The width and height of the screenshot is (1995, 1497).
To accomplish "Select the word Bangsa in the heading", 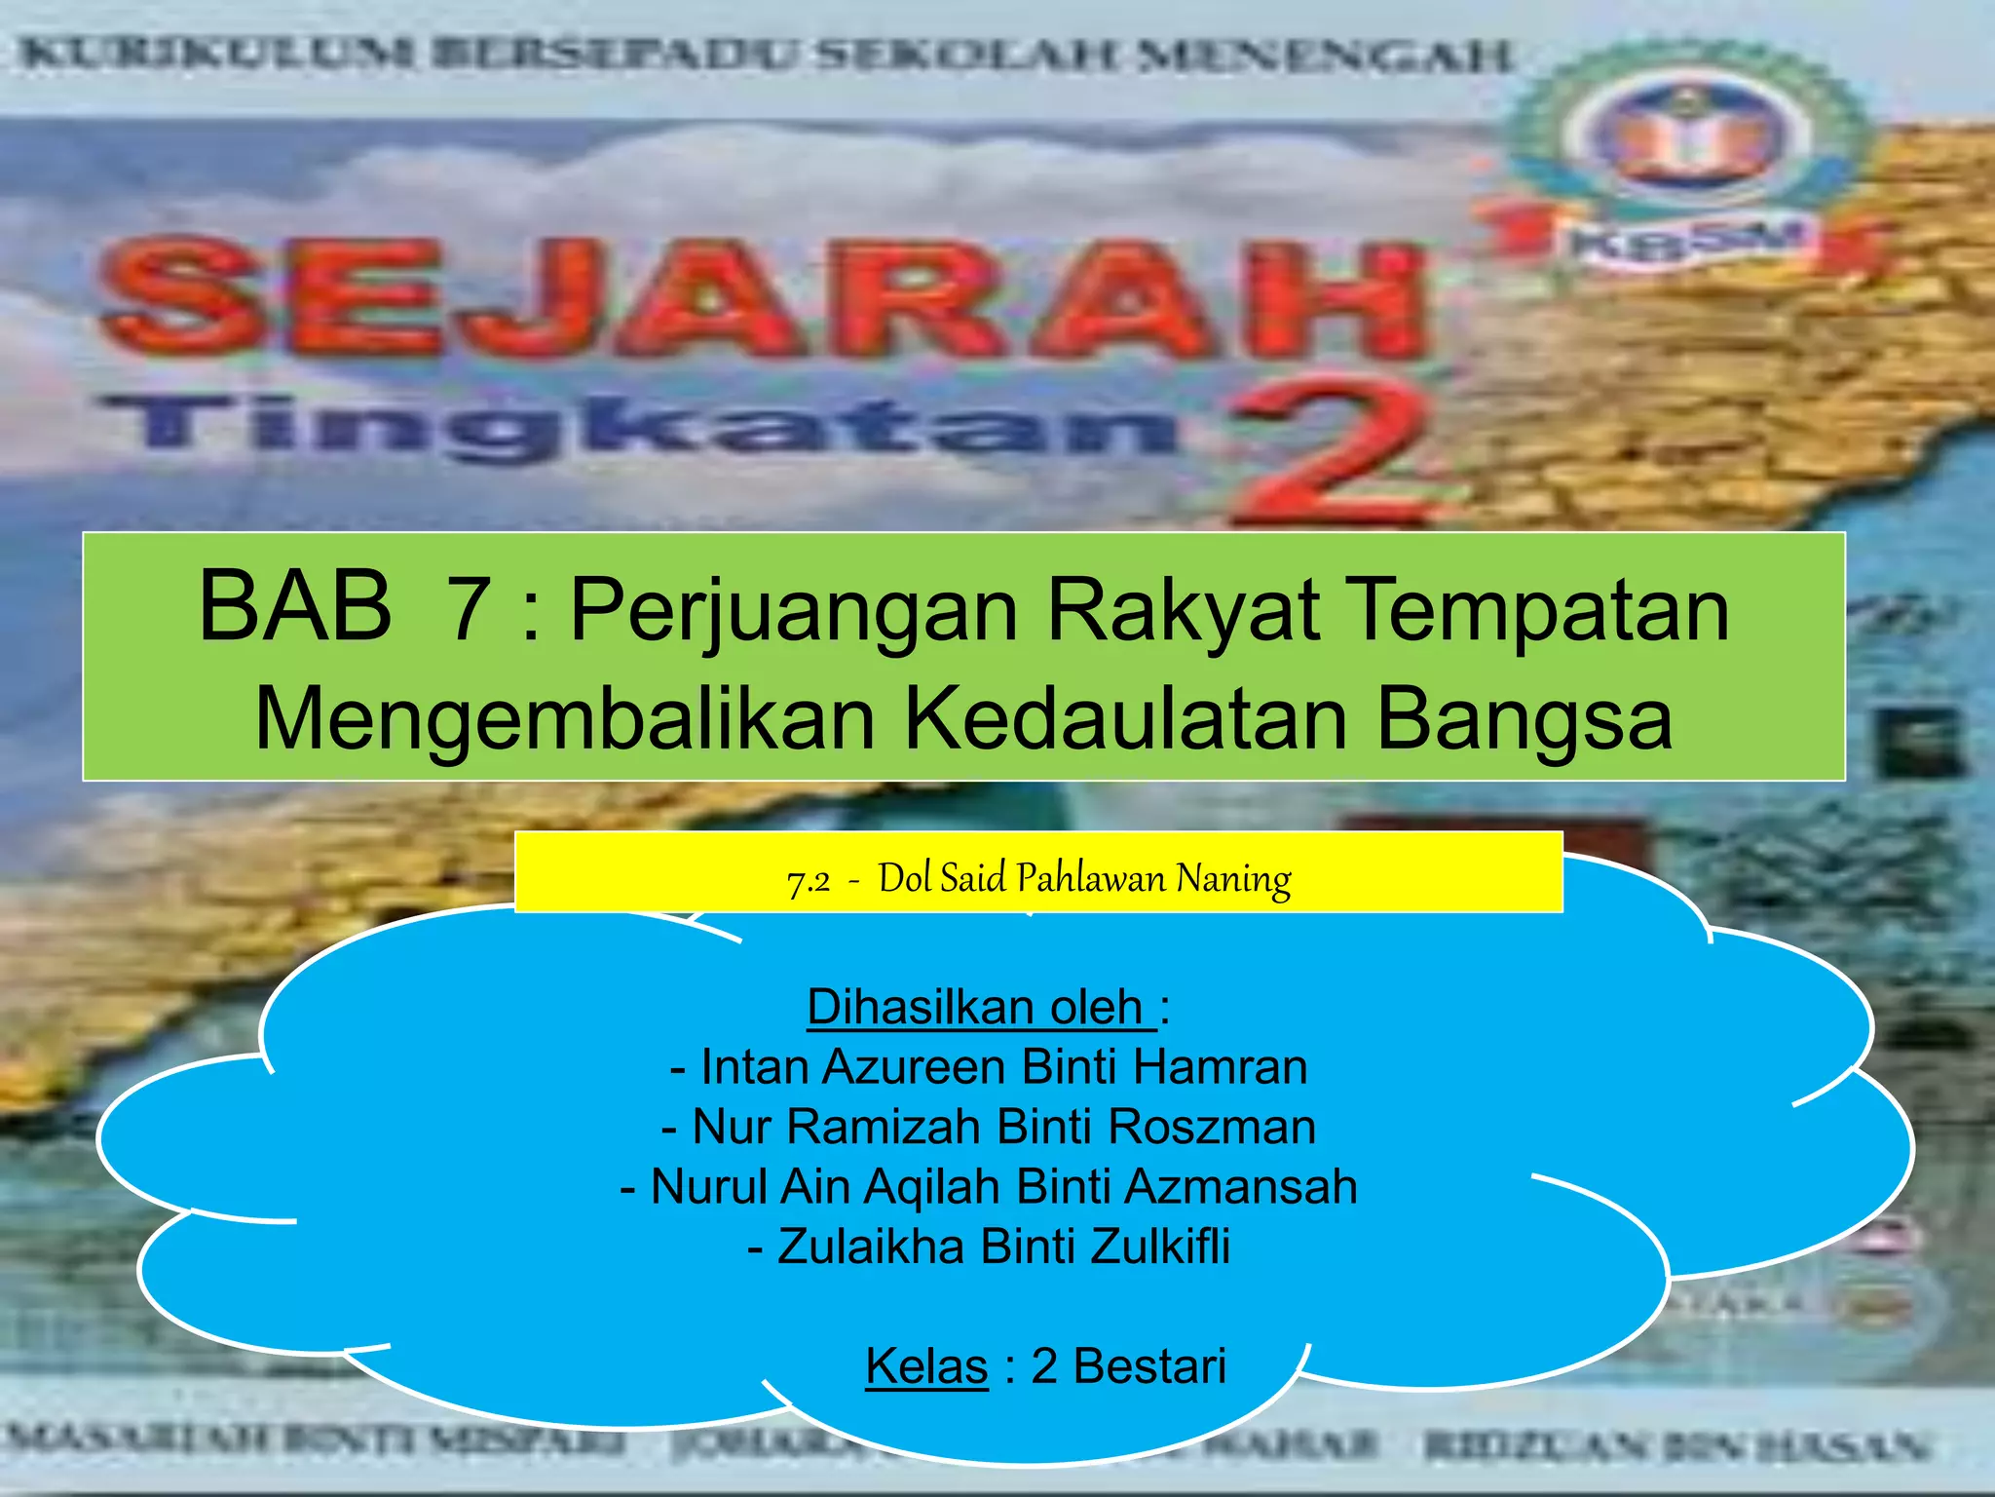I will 1524,719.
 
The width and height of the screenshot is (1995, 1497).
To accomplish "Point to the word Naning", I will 1233,879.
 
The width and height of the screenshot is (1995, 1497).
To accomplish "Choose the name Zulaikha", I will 871,1247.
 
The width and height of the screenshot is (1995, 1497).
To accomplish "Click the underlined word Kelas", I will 926,1365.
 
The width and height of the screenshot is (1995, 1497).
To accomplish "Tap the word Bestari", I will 1149,1365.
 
